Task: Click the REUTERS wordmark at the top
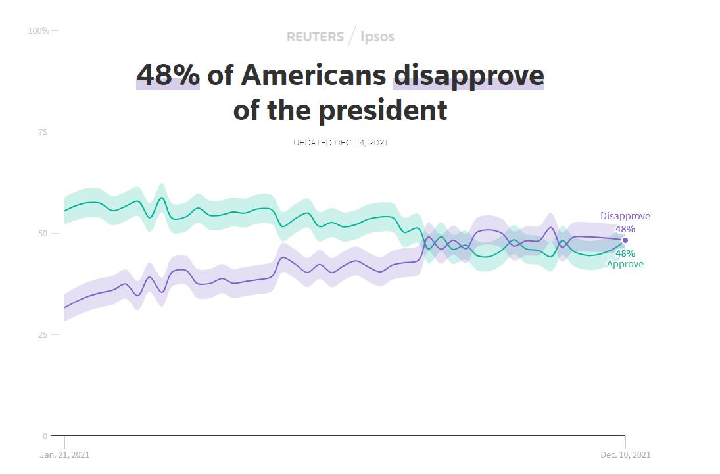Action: coord(315,37)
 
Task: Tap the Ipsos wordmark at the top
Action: coord(378,37)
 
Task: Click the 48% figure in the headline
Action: coord(168,75)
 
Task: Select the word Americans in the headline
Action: coord(313,75)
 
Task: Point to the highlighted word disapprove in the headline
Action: coord(468,75)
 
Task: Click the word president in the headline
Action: coord(383,110)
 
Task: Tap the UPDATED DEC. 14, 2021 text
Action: coord(340,142)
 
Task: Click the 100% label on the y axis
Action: coord(39,31)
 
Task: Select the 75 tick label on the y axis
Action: coord(43,132)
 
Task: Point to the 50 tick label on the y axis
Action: coord(43,234)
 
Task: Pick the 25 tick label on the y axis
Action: coord(43,335)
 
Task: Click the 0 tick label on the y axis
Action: coord(45,436)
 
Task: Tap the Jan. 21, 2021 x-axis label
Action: coord(64,455)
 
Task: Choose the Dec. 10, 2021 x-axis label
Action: coord(625,455)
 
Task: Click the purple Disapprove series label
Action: coord(625,216)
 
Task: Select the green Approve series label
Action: coord(625,264)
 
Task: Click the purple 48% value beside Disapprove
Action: coord(625,229)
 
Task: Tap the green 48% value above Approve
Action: coord(625,253)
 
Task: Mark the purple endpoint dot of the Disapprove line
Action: coord(625,240)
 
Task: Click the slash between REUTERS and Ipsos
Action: coord(352,36)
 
